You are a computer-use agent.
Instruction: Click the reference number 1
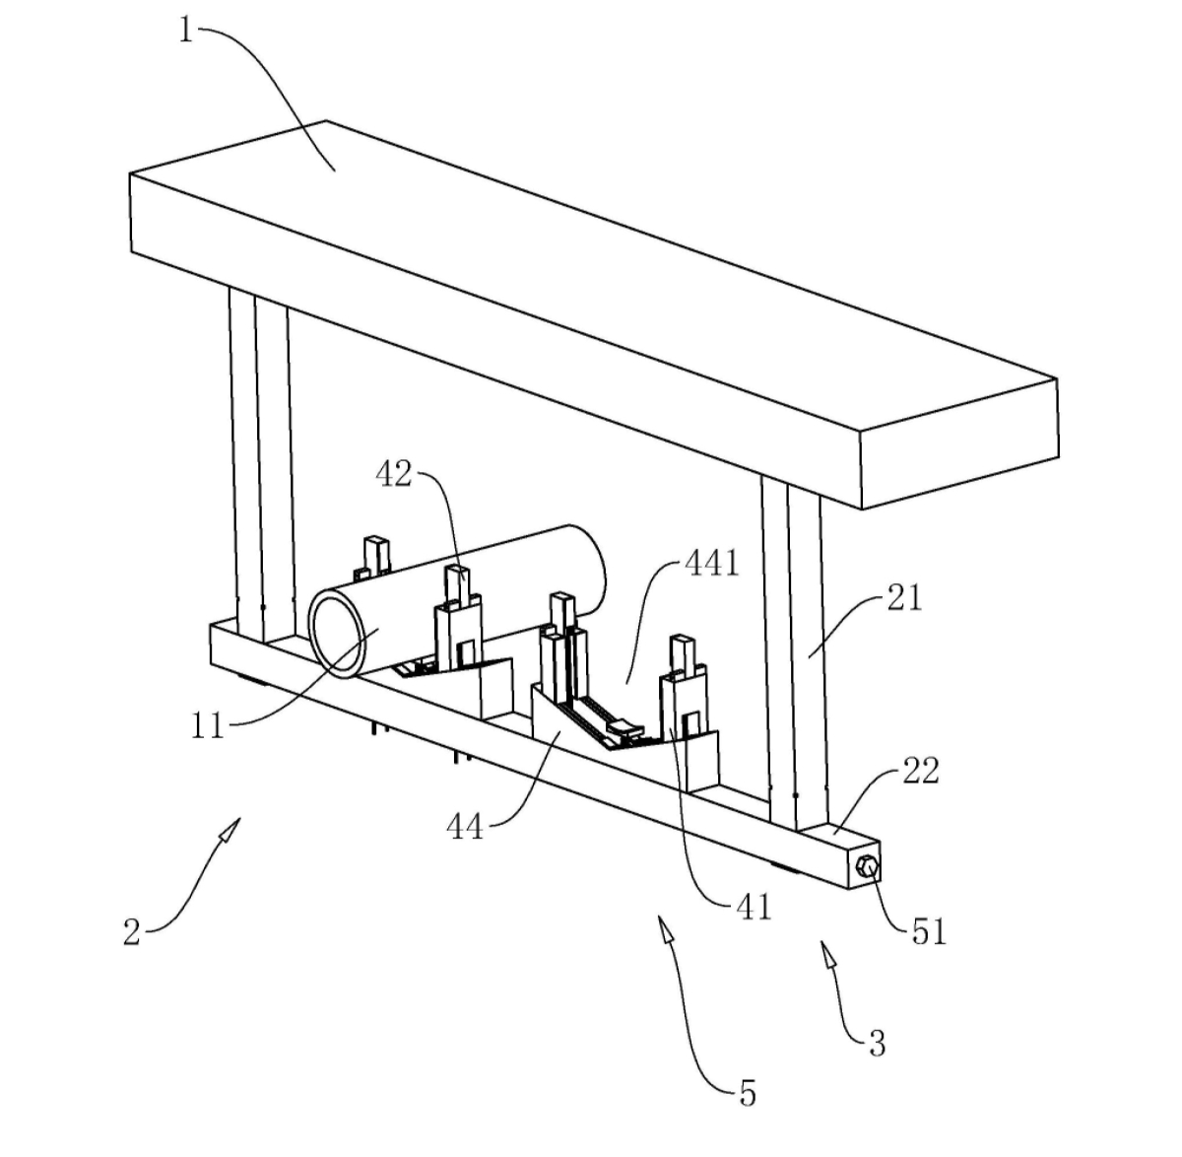pos(186,30)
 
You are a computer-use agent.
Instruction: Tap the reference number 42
pos(394,475)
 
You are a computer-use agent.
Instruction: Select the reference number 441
pos(712,564)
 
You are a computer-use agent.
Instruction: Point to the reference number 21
pos(904,598)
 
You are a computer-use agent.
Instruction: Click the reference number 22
pos(921,771)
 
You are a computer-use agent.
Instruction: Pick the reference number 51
pos(929,931)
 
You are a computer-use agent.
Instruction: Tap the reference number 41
pos(754,908)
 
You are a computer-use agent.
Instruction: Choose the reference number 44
pos(465,827)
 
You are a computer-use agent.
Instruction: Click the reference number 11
pos(208,726)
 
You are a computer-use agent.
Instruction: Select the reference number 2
pos(132,932)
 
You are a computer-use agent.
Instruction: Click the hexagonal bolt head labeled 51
pos(867,865)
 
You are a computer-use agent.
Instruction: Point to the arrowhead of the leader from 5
pos(665,929)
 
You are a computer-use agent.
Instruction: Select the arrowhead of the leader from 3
pos(827,953)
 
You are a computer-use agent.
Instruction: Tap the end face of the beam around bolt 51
pos(864,865)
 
